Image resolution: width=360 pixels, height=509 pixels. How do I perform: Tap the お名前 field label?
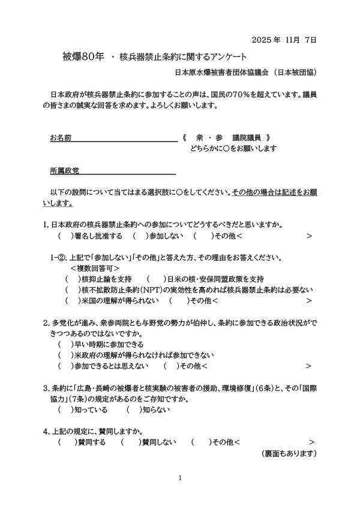coord(61,138)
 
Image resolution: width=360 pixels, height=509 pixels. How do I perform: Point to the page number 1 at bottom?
coord(181,478)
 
